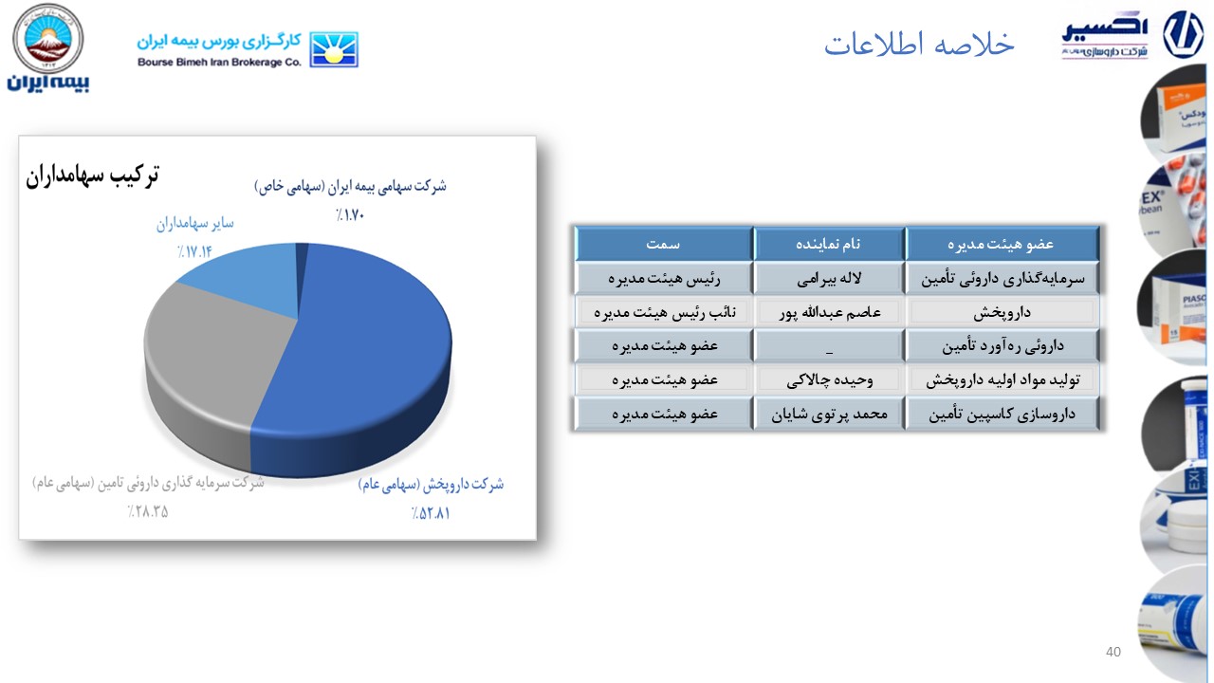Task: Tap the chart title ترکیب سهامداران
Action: coord(92,175)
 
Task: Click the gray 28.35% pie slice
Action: coord(199,360)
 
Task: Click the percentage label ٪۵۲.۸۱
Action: coord(431,514)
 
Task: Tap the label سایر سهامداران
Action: coord(194,225)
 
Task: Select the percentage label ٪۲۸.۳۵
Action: coord(148,513)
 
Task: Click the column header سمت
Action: coord(664,244)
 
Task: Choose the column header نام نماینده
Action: coord(829,244)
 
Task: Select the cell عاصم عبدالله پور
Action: coord(829,312)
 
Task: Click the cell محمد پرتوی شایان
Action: coord(829,415)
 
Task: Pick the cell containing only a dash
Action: coord(829,345)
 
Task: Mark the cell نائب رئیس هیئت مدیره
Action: coord(664,312)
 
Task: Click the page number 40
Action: coord(1113,652)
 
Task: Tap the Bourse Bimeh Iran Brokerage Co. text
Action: coord(219,62)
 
